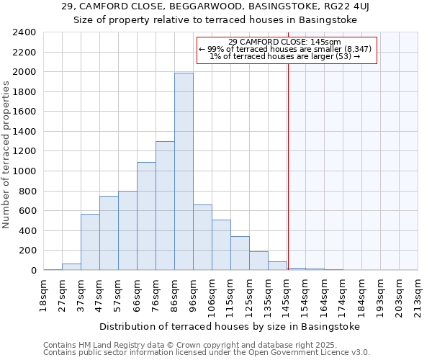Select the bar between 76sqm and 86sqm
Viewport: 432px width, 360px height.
tap(165, 205)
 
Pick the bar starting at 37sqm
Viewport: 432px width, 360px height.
tap(90, 242)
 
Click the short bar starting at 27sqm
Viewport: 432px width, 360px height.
tap(71, 266)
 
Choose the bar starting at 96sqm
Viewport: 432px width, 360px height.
tap(202, 238)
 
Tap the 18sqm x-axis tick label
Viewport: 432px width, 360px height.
tap(44, 294)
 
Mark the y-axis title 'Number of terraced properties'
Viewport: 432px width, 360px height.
tap(6, 154)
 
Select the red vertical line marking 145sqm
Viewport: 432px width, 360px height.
tap(287, 158)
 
